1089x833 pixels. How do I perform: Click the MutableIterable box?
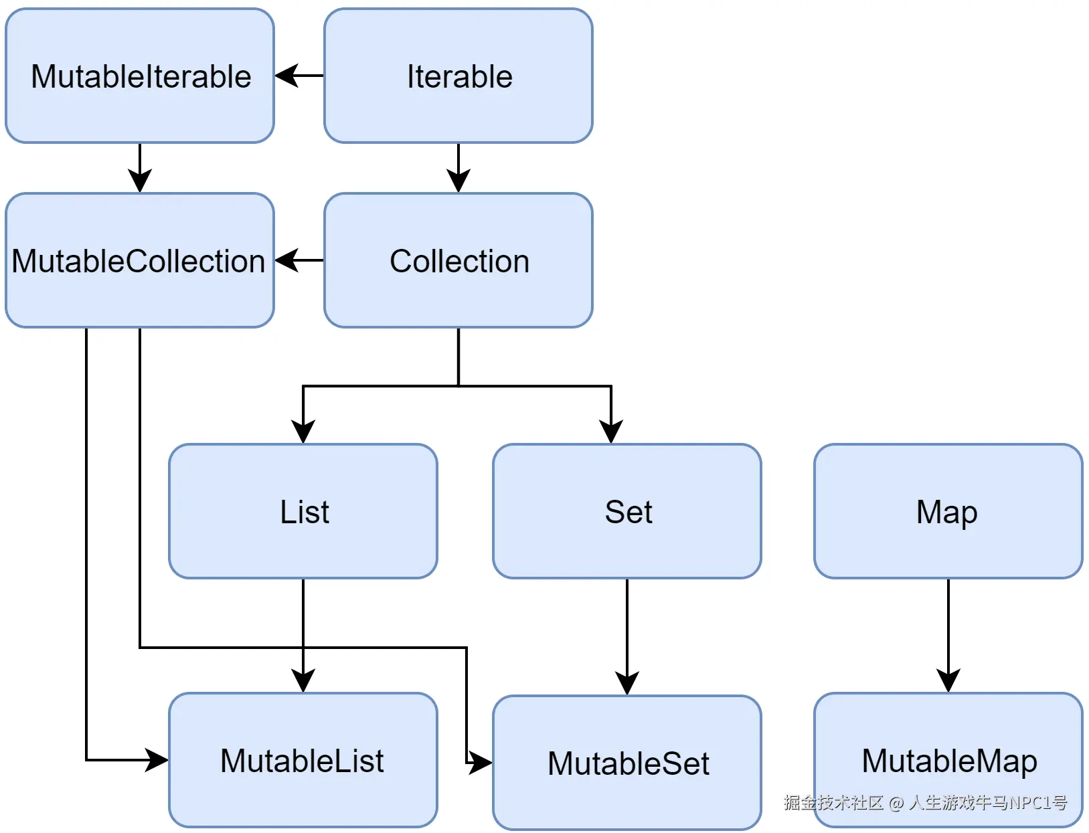(x=140, y=76)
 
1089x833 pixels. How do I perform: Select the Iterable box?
(x=458, y=76)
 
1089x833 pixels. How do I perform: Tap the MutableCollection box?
(x=140, y=260)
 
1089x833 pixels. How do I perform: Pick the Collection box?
(x=458, y=260)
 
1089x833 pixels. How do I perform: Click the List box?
(x=303, y=511)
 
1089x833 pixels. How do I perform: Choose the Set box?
(x=627, y=511)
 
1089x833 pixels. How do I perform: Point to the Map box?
(x=948, y=511)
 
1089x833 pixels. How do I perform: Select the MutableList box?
(x=303, y=760)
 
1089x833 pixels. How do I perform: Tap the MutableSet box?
(x=627, y=763)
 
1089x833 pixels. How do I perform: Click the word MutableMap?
(x=949, y=760)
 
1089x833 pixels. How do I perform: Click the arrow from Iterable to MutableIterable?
(x=299, y=76)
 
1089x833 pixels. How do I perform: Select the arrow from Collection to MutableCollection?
(x=299, y=260)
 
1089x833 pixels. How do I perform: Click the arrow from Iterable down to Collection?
(x=458, y=167)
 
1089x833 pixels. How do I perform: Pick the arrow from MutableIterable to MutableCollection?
(x=140, y=167)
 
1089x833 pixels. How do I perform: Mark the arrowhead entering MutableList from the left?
(x=158, y=760)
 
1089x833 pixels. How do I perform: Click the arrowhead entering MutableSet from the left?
(x=481, y=762)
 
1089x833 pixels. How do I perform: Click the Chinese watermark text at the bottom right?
(x=925, y=802)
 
